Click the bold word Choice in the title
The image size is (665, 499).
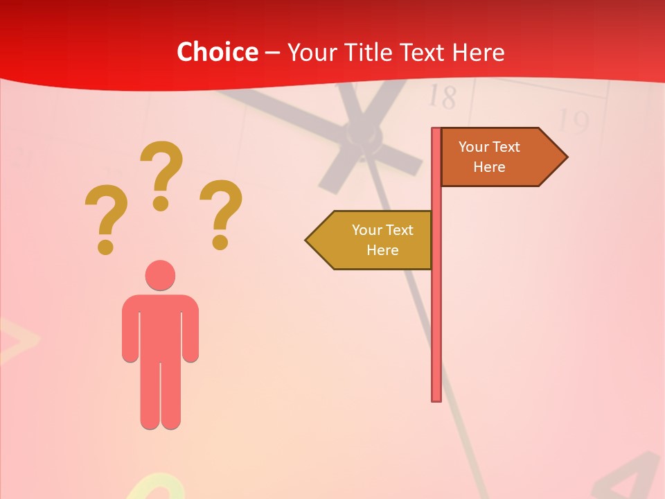pyautogui.click(x=217, y=52)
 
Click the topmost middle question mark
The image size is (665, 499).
pyautogui.click(x=161, y=173)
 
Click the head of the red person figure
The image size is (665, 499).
pyautogui.click(x=160, y=275)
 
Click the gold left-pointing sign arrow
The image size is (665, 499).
pyautogui.click(x=371, y=240)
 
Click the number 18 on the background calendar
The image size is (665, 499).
pyautogui.click(x=442, y=97)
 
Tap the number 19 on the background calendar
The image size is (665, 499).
pyautogui.click(x=572, y=121)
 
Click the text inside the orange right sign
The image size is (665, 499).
pyautogui.click(x=489, y=157)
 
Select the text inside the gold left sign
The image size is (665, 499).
pyautogui.click(x=382, y=240)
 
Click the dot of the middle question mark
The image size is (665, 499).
pyautogui.click(x=161, y=203)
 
